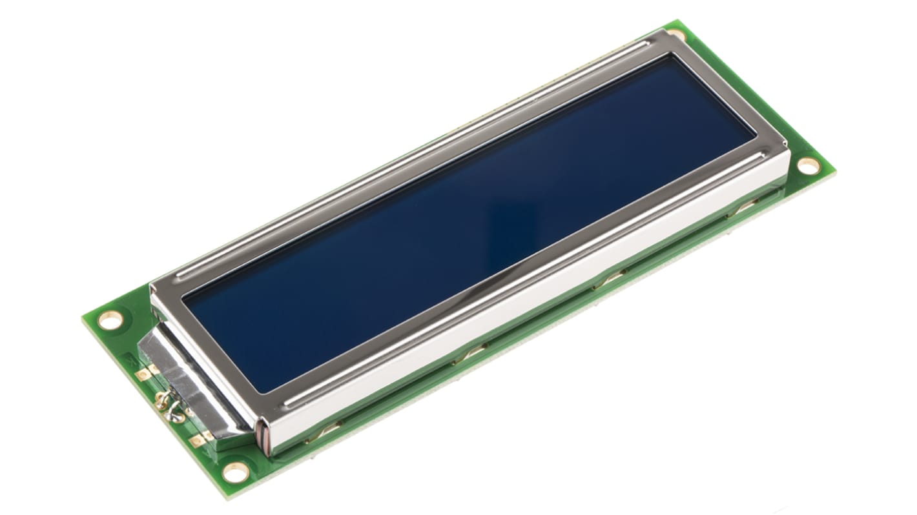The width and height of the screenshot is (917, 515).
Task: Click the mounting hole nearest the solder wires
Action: click(110, 319)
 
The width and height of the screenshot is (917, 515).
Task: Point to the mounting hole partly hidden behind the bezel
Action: click(675, 33)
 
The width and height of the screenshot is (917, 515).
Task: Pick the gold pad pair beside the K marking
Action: click(147, 372)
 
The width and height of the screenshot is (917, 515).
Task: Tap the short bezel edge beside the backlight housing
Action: click(207, 348)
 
